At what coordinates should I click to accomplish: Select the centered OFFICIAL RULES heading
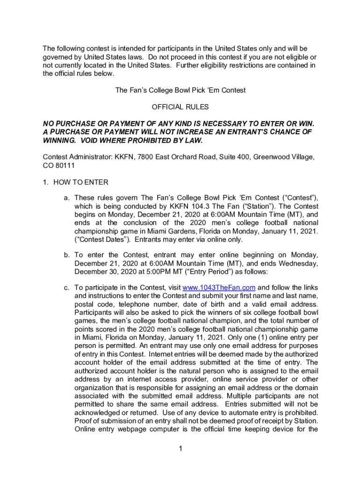(180, 107)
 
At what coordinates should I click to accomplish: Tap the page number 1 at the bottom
(180, 450)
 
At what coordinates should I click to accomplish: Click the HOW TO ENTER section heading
(81, 182)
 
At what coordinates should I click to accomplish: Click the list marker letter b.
(67, 255)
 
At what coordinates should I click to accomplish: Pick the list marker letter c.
(67, 287)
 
